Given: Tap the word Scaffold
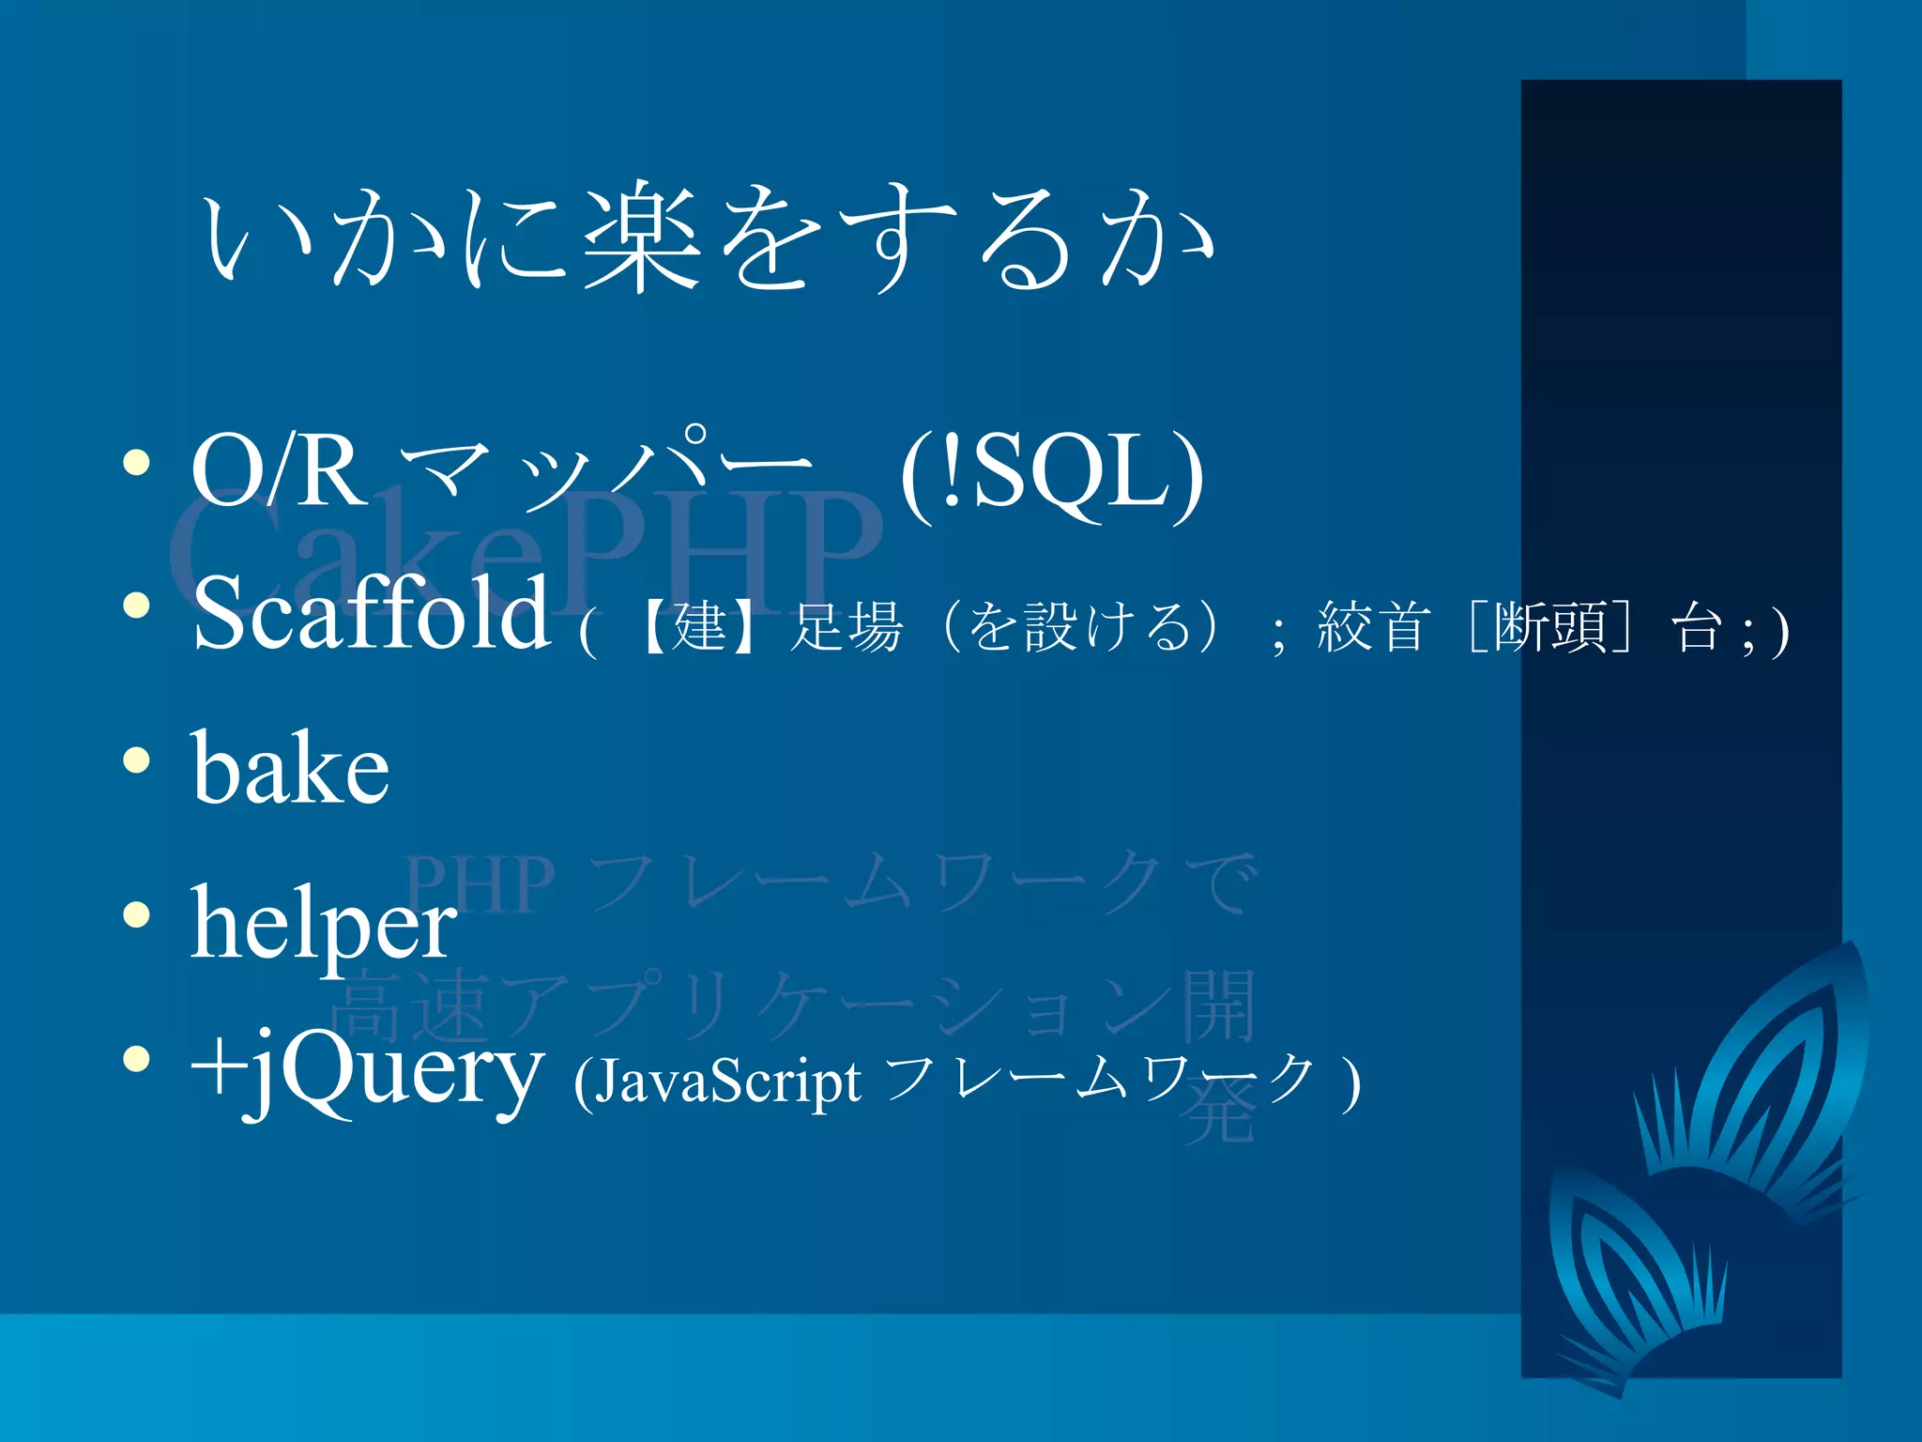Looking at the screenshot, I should point(371,615).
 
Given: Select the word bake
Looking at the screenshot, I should point(290,770).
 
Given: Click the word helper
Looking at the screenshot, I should point(324,925).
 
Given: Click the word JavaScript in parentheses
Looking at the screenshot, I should point(728,1081).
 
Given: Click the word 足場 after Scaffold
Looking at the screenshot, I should point(846,627).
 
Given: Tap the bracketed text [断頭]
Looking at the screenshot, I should point(1549,627).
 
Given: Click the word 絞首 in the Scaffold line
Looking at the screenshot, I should point(1374,627).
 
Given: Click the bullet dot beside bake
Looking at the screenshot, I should point(137,759).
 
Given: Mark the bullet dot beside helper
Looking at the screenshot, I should point(137,913).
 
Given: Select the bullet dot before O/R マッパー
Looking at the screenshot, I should point(137,462).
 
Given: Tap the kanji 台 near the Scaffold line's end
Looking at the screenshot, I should point(1697,627).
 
